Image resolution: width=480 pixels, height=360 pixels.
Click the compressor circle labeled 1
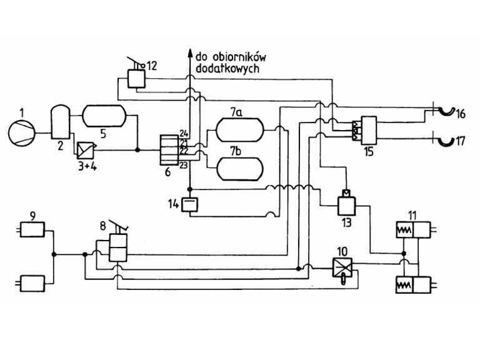(x=22, y=133)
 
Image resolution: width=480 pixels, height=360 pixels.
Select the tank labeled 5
(x=104, y=116)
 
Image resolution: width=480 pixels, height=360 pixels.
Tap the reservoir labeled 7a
(x=240, y=130)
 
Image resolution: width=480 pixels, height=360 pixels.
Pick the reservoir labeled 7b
(x=240, y=169)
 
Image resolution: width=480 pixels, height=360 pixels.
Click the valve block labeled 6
(x=169, y=150)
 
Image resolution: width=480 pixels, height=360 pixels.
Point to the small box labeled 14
(x=190, y=205)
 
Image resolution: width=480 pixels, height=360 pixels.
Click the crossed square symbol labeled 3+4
(x=86, y=150)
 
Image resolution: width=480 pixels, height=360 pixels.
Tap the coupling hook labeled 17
(x=446, y=141)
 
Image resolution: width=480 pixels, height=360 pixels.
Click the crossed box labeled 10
(x=342, y=267)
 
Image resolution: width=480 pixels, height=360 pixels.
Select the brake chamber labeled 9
(x=32, y=229)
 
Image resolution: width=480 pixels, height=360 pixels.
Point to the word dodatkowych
(x=227, y=68)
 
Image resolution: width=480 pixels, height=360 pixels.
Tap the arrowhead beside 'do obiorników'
(x=190, y=53)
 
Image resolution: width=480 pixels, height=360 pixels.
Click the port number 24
(x=184, y=133)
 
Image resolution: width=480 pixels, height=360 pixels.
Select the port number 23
(x=183, y=166)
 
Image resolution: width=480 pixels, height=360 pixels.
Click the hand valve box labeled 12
(x=136, y=79)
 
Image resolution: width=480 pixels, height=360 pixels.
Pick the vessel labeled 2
(x=60, y=121)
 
